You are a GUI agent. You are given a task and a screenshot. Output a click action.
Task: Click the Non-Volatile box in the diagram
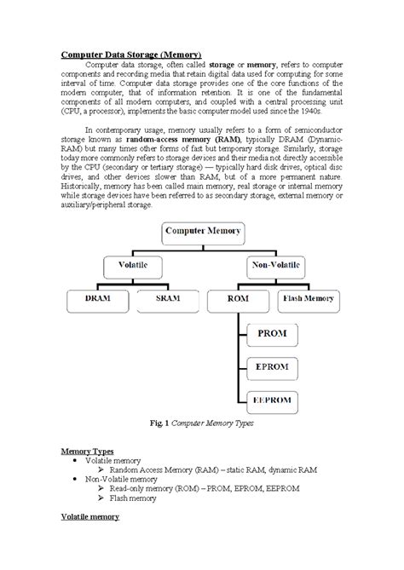tap(274, 266)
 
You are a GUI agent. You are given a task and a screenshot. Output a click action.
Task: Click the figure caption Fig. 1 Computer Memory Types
tap(199, 423)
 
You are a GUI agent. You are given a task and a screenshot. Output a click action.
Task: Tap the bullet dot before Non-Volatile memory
tap(78, 480)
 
